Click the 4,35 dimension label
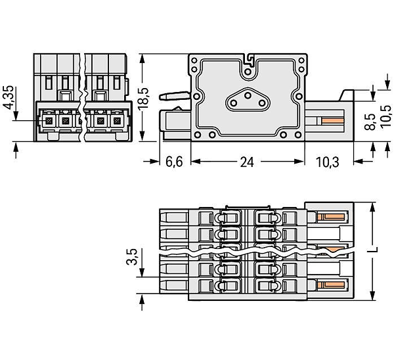(9, 97)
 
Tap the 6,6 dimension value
(174, 162)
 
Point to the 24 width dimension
(247, 162)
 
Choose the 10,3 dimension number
(328, 162)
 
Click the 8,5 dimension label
(370, 122)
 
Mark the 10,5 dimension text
(386, 117)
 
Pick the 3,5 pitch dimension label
(132, 257)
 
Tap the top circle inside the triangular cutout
(248, 95)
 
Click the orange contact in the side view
(333, 121)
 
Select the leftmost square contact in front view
(48, 121)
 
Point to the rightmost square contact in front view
(117, 121)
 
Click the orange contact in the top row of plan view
(331, 217)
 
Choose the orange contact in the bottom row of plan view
(331, 285)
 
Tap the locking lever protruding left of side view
(175, 96)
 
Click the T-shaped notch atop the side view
(248, 59)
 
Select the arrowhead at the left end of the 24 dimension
(196, 162)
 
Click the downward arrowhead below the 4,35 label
(16, 115)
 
